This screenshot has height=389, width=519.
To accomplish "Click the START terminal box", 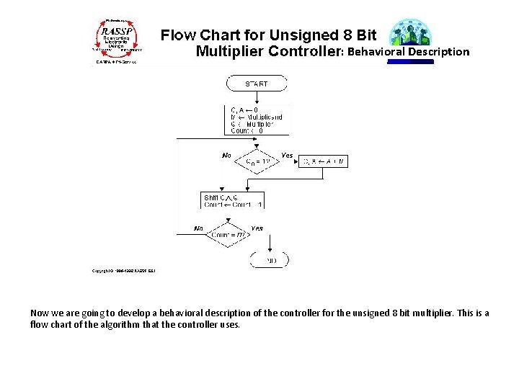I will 257,84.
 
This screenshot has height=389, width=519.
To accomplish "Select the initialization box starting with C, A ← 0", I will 257,120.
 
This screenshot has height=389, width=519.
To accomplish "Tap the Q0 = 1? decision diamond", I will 257,161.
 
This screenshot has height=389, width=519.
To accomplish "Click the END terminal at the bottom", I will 270,259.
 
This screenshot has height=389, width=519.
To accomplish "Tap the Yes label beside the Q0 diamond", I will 286,155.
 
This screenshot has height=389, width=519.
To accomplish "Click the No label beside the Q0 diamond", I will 226,155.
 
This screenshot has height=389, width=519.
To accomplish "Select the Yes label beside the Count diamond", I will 257,228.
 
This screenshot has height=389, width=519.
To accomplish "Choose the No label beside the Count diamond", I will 198,228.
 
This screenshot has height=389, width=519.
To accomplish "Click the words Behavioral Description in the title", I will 408,52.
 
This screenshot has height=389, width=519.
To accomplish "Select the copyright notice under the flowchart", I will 124,271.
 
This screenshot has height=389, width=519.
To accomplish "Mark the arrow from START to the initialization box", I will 257,98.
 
